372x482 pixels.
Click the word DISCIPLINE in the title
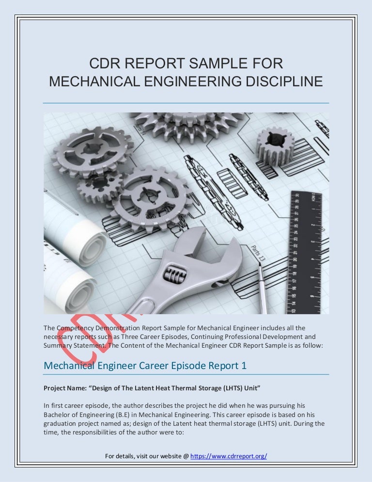277,81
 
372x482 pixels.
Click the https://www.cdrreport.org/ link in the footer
229,457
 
